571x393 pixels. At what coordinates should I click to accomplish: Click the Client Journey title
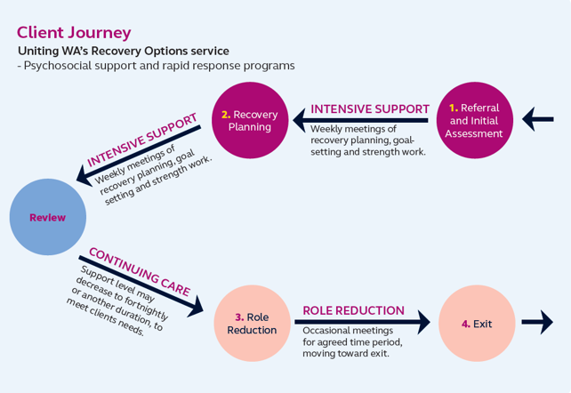pyautogui.click(x=74, y=32)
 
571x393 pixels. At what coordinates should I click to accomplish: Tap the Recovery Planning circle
pyautogui.click(x=250, y=120)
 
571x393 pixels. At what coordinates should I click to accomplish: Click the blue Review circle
pyautogui.click(x=48, y=217)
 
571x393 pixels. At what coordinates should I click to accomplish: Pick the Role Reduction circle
pyautogui.click(x=252, y=323)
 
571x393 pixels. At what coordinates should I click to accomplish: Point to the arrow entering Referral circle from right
pyautogui.click(x=538, y=118)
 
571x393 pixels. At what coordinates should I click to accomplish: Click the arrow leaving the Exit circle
pyautogui.click(x=536, y=323)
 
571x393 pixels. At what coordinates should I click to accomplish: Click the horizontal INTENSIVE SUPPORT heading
pyautogui.click(x=370, y=108)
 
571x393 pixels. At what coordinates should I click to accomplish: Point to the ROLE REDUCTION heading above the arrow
pyautogui.click(x=353, y=311)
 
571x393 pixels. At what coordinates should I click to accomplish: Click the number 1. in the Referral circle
pyautogui.click(x=454, y=108)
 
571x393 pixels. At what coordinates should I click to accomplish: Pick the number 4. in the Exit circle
pyautogui.click(x=465, y=324)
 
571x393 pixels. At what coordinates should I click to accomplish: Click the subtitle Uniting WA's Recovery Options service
pyautogui.click(x=123, y=51)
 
